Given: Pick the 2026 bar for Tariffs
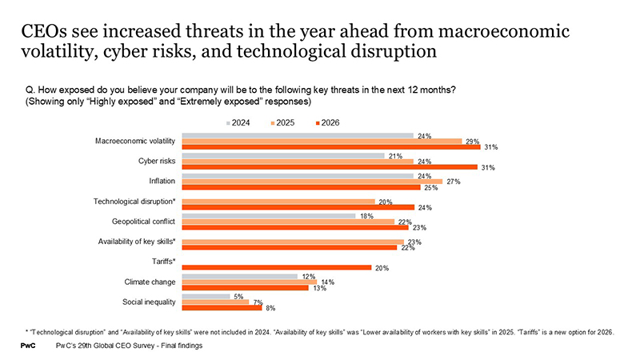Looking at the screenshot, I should tap(277, 267).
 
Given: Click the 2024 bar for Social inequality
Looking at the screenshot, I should tap(206, 295).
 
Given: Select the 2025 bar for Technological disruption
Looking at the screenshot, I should tap(278, 202).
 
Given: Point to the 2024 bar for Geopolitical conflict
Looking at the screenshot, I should tap(269, 216).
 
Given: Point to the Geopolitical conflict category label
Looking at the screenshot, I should tap(138, 222).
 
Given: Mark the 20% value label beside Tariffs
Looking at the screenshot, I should tap(382, 268).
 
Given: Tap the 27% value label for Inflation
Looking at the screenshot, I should tap(452, 182).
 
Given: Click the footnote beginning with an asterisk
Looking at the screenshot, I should tap(320, 331).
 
